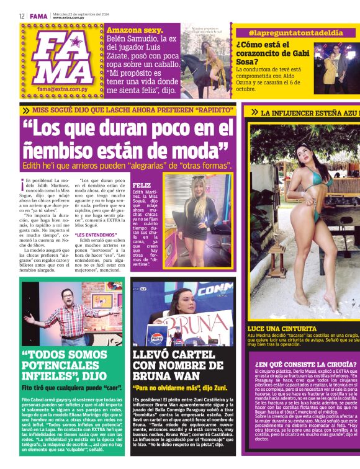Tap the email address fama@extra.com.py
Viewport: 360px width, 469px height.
[x=65, y=89]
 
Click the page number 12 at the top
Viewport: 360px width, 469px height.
[x=21, y=16]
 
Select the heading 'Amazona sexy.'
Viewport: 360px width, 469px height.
[x=135, y=30]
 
